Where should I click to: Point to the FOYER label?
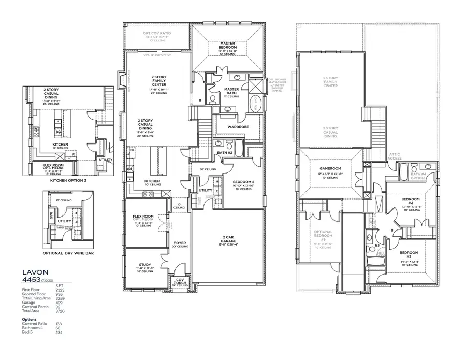179,243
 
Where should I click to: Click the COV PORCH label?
180,281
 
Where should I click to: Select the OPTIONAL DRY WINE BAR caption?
68,253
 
